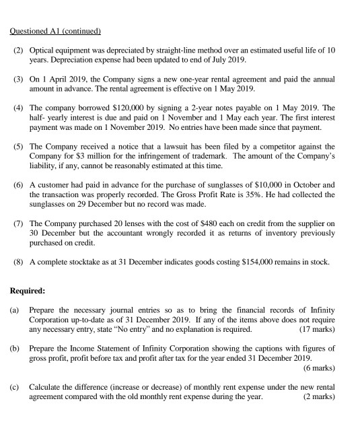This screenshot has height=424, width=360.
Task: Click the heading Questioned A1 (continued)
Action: pos(56,31)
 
